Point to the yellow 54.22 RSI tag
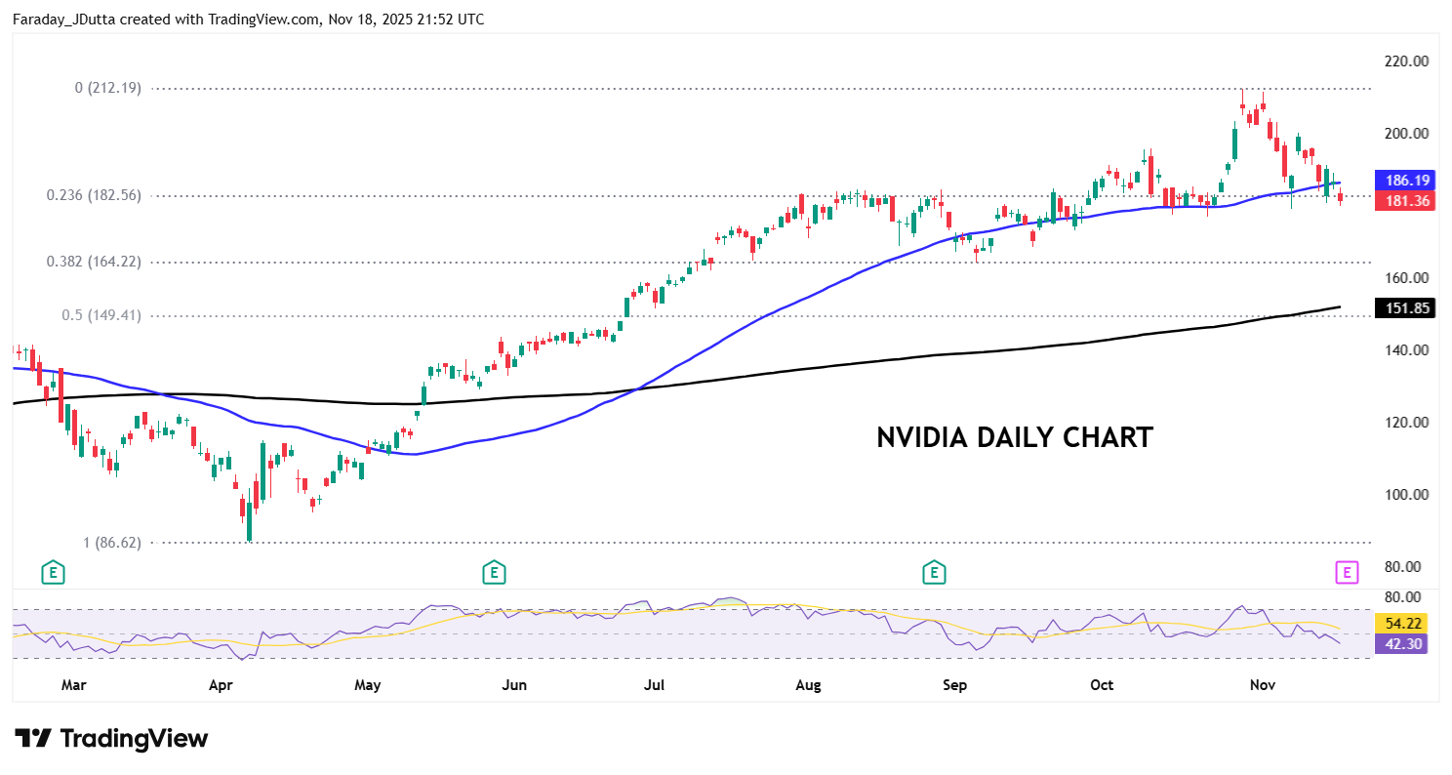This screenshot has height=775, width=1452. click(1400, 623)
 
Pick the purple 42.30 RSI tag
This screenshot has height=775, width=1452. click(1400, 643)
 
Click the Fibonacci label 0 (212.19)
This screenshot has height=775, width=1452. click(108, 88)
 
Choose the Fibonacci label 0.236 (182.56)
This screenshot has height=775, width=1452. click(94, 195)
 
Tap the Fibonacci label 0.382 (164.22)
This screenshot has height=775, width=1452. click(94, 262)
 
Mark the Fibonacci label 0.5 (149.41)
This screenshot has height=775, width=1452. click(101, 315)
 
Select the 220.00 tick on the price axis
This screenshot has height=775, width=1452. click(1406, 61)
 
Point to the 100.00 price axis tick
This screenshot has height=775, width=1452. click(1406, 495)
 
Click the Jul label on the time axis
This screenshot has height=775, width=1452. click(655, 685)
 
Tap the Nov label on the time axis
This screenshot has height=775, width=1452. click(1263, 685)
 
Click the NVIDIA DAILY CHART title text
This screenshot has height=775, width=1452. click(1014, 437)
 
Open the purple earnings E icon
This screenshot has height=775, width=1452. click(1347, 573)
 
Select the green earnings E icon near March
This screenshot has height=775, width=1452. click(53, 573)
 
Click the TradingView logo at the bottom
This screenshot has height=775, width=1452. click(111, 739)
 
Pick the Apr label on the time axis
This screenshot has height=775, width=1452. click(221, 685)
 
